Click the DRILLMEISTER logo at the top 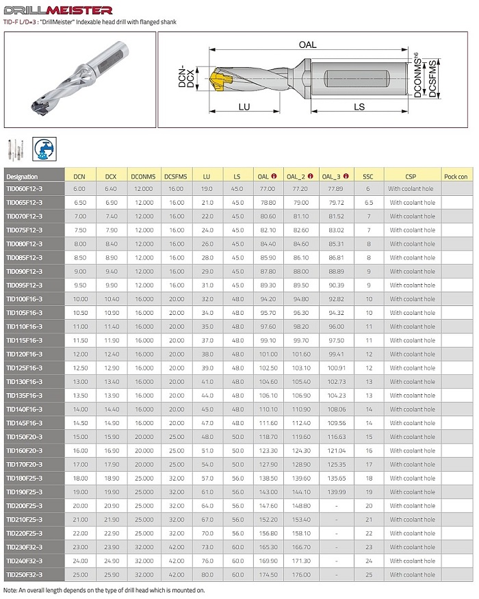(x=58, y=10)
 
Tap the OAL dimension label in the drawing (x=307, y=44)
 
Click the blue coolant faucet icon (x=45, y=149)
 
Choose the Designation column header (x=22, y=176)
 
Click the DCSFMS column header (x=177, y=176)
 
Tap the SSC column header (x=368, y=176)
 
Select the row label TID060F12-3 (x=25, y=188)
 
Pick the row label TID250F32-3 (x=25, y=574)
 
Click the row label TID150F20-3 (x=25, y=437)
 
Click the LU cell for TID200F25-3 (x=207, y=506)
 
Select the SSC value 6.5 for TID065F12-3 (x=368, y=203)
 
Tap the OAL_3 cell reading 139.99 (x=331, y=492)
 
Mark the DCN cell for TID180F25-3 (x=79, y=479)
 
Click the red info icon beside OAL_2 (x=309, y=176)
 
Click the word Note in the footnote (x=10, y=589)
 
